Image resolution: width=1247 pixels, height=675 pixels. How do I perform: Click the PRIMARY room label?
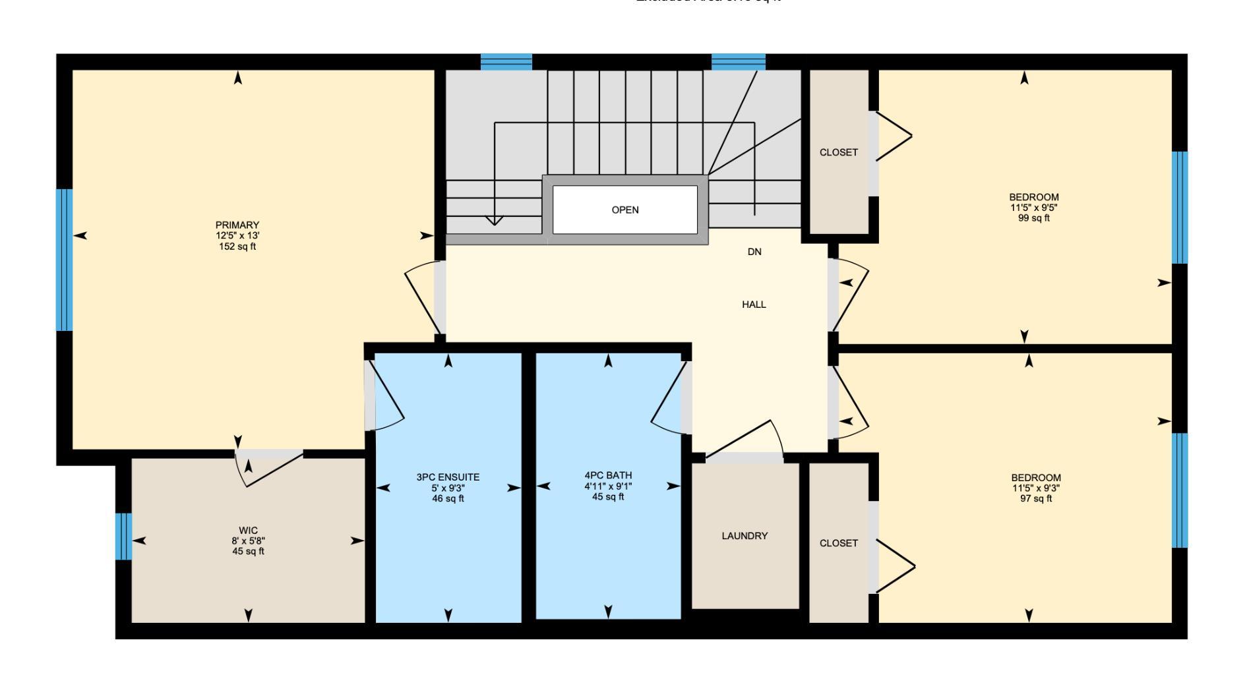click(237, 225)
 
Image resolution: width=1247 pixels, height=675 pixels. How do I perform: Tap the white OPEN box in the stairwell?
click(624, 210)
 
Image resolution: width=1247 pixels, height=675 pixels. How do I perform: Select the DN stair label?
click(754, 252)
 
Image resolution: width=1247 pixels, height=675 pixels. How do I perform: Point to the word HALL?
click(754, 305)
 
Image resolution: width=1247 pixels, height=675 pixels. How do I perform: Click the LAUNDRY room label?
click(745, 536)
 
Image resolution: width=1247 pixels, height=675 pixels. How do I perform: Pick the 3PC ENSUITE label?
click(448, 477)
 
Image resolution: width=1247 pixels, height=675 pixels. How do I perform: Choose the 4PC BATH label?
click(608, 475)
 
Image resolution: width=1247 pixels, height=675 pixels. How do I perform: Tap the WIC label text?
click(249, 531)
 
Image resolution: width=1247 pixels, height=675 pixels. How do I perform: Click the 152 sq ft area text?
click(237, 247)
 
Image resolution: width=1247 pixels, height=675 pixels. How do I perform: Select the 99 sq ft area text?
click(1034, 218)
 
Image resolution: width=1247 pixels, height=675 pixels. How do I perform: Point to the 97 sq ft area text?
click(1036, 499)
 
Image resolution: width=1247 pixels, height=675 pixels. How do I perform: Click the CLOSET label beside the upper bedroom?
click(839, 152)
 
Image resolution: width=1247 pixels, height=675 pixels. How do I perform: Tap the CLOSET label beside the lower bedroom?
click(839, 543)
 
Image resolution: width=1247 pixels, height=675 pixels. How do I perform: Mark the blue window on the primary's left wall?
click(64, 260)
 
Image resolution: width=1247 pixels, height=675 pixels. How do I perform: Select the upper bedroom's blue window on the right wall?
click(1179, 208)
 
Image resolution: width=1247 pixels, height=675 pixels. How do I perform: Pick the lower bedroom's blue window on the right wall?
click(1179, 490)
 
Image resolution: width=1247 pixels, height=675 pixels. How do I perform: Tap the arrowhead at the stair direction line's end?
click(495, 221)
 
